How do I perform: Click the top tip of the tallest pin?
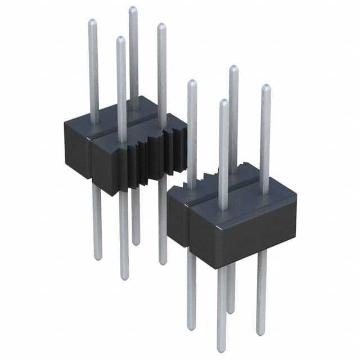[x=133, y=10]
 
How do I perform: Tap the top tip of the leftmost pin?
[x=92, y=22]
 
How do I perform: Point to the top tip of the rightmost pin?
[x=265, y=88]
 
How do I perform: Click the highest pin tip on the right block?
[x=233, y=69]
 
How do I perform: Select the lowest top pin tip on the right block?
[x=223, y=102]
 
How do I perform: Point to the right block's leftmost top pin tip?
[x=191, y=83]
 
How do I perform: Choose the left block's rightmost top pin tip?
[x=161, y=26]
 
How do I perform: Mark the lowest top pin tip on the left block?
[x=120, y=39]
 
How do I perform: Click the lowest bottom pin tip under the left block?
[x=124, y=277]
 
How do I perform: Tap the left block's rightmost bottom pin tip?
[x=163, y=262]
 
